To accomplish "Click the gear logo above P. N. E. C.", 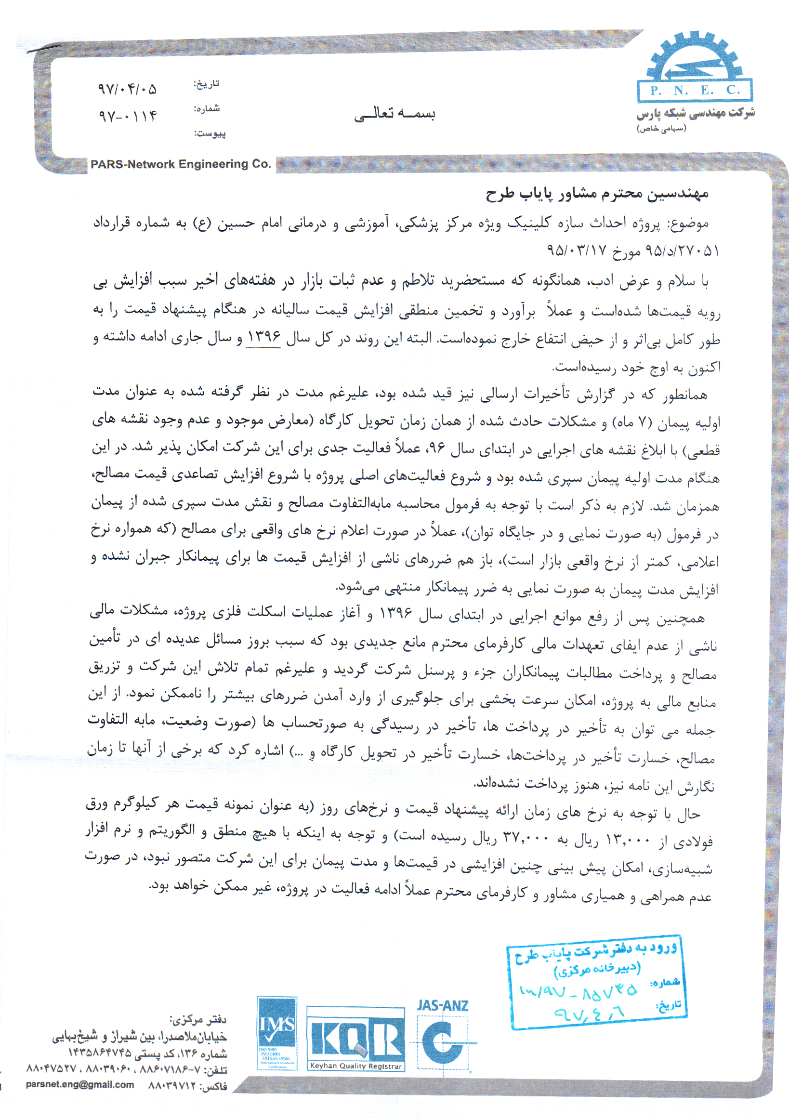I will click(x=695, y=57).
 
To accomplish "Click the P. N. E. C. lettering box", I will click(x=695, y=91).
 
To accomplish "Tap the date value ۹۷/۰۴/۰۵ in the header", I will click(x=127, y=89).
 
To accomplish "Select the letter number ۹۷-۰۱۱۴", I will click(x=128, y=117).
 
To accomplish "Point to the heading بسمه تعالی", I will click(x=395, y=114).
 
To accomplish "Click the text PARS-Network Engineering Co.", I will click(x=181, y=164).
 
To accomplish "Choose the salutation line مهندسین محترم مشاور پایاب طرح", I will click(x=597, y=195).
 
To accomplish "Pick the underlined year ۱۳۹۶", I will click(x=263, y=337).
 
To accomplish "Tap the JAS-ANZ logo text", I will click(x=443, y=1005).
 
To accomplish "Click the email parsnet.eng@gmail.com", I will click(x=80, y=1084).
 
